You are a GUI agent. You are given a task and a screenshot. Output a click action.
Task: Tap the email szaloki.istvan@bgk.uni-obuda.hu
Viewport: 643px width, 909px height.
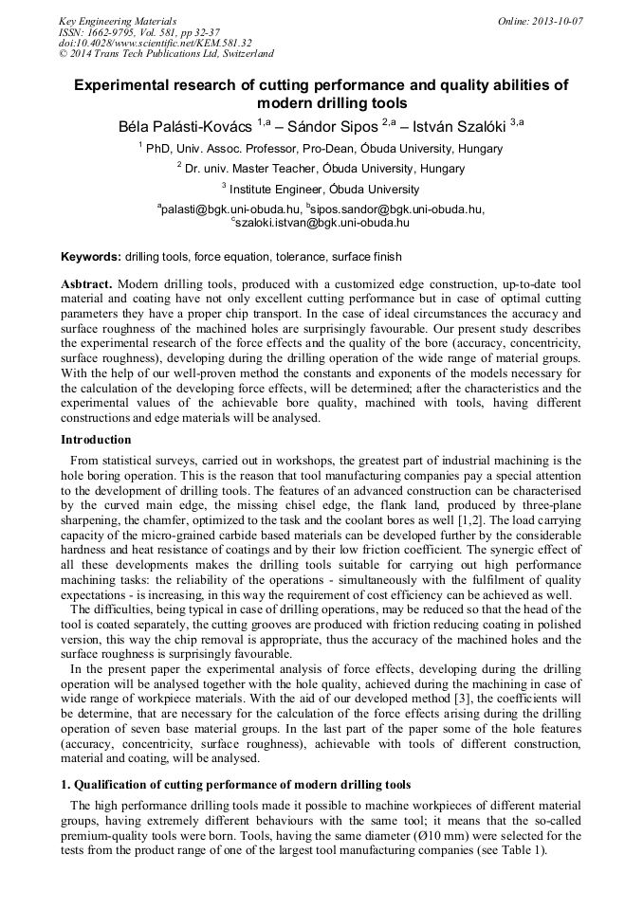(323, 223)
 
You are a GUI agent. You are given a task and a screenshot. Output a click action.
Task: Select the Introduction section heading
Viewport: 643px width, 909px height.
(96, 440)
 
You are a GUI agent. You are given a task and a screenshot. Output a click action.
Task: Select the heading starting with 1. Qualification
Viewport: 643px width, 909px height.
(236, 785)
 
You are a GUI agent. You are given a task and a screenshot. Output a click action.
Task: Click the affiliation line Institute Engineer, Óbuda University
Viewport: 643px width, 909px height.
(324, 189)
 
